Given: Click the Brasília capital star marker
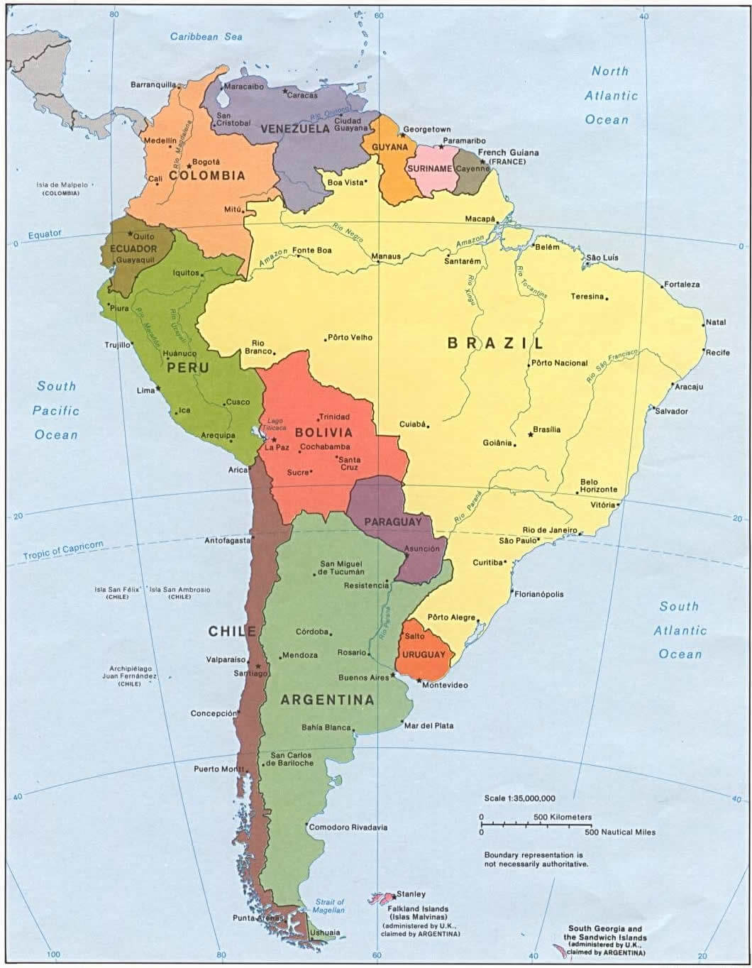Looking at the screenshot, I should tap(531, 434).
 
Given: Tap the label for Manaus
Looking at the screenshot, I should tap(386, 256).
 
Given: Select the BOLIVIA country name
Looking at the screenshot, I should tap(324, 432).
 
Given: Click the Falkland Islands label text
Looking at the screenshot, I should tap(418, 908).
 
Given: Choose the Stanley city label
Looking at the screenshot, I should tap(411, 894).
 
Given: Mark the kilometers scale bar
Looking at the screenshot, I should tap(536, 825).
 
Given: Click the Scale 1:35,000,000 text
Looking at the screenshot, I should tap(519, 798).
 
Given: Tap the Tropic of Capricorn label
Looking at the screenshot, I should tap(63, 550).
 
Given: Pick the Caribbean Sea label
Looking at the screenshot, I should tap(206, 37).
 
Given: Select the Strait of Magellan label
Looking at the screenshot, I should tap(329, 906).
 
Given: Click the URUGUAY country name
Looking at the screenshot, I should tap(424, 654).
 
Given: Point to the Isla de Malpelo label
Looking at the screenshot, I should tap(62, 185).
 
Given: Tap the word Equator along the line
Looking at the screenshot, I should tap(45, 234).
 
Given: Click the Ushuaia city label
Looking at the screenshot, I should tap(325, 933).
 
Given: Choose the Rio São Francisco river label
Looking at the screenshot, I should tap(612, 365).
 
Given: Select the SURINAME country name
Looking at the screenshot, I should tap(429, 169).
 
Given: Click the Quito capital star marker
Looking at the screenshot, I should tap(130, 233).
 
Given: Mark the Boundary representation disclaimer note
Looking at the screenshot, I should tap(536, 859).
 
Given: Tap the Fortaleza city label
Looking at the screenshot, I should tap(682, 285).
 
